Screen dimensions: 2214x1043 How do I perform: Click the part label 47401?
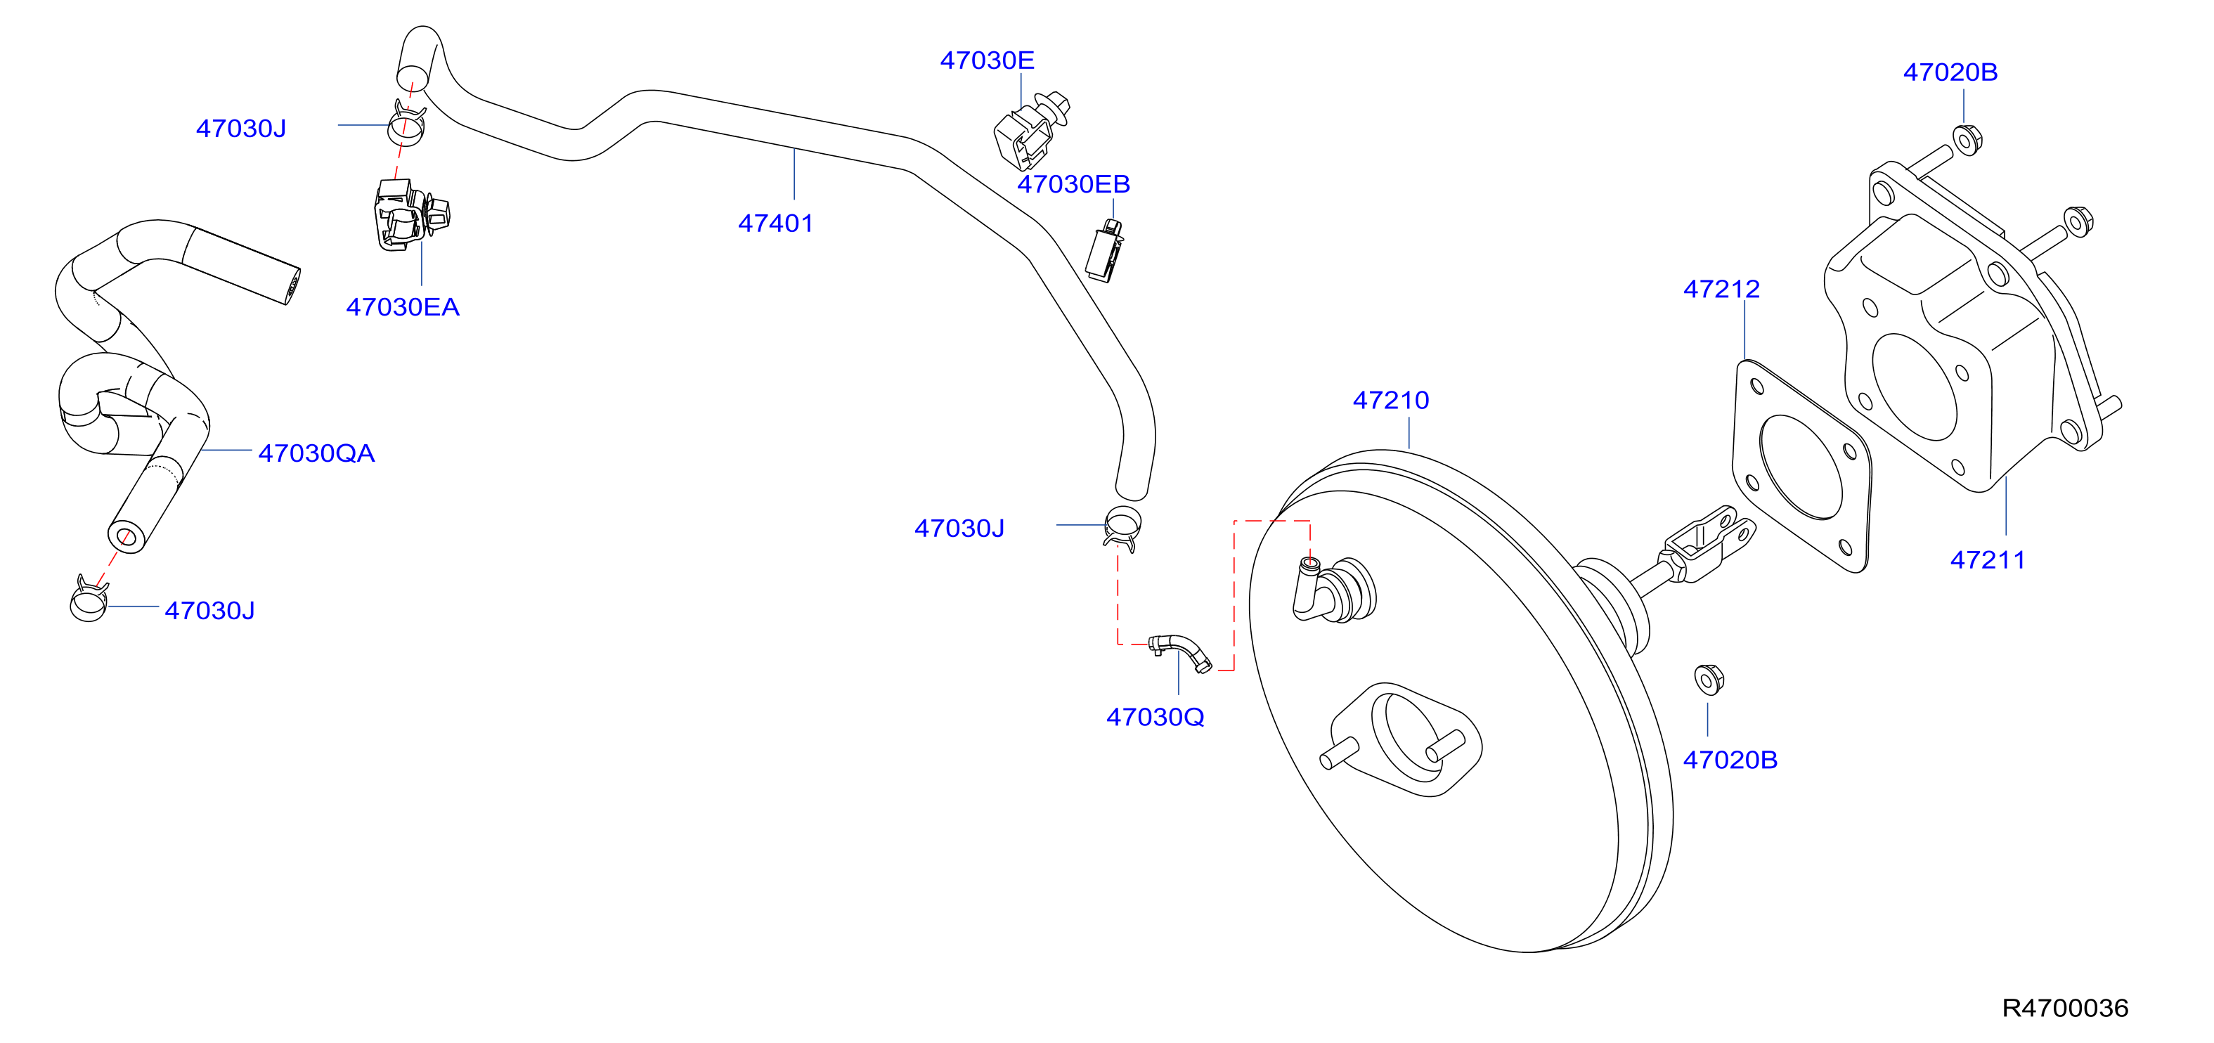click(x=775, y=223)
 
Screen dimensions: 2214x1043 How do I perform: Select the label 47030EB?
click(x=1073, y=184)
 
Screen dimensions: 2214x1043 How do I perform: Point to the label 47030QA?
click(x=316, y=453)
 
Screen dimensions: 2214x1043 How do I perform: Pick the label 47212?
click(x=1721, y=289)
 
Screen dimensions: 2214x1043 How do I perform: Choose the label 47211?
click(x=1988, y=560)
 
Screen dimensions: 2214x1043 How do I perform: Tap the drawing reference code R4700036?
click(x=2065, y=1008)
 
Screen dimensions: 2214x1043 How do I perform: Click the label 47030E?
click(x=987, y=60)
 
